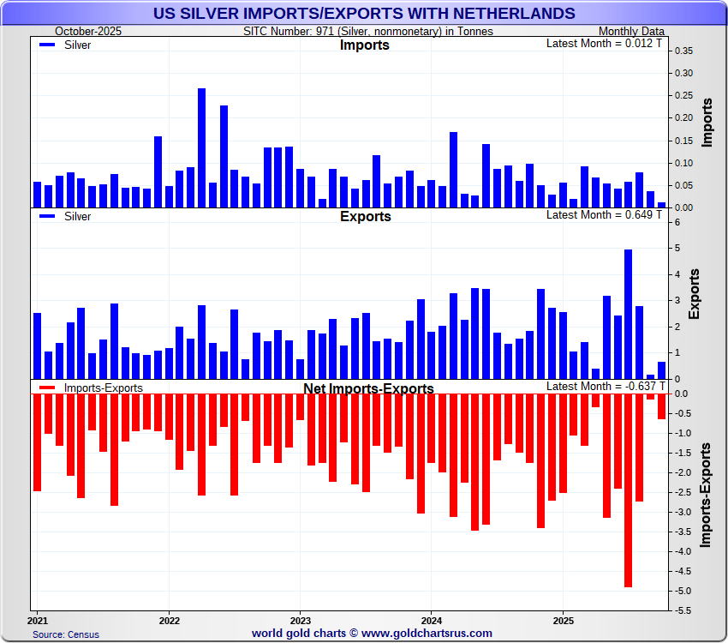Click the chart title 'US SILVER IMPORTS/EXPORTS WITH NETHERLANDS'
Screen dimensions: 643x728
(364, 13)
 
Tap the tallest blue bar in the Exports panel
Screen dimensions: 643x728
(628, 314)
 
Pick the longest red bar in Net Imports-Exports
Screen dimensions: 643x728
(628, 490)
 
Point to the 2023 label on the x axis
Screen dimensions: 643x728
(300, 619)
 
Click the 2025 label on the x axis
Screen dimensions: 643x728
(563, 619)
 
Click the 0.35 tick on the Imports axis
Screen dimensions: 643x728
(683, 51)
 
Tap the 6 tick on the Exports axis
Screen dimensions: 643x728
(678, 223)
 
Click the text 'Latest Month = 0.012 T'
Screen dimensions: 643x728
(604, 43)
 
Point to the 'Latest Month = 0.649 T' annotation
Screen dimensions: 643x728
(604, 214)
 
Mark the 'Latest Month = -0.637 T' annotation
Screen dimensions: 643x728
(604, 386)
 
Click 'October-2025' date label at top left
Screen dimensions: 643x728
(89, 31)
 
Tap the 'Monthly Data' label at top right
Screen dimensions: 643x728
(631, 31)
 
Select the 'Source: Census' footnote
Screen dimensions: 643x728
(66, 634)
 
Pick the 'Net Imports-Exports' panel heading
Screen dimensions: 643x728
(368, 388)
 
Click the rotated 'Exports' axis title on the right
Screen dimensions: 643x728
(694, 293)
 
